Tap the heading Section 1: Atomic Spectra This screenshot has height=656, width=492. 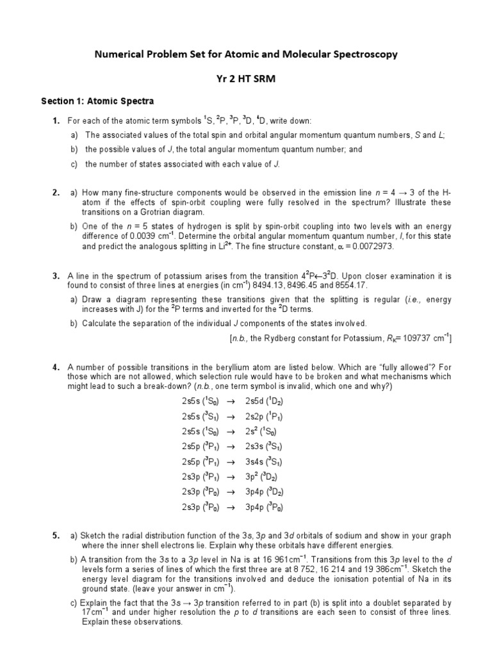pyautogui.click(x=97, y=101)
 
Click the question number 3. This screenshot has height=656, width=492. pyautogui.click(x=56, y=276)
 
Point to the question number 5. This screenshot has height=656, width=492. pyautogui.click(x=56, y=535)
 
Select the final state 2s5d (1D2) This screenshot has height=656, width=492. pyautogui.click(x=264, y=402)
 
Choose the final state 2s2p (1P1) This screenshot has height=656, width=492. pyautogui.click(x=264, y=416)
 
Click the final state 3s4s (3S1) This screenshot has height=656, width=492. pyautogui.click(x=264, y=462)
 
